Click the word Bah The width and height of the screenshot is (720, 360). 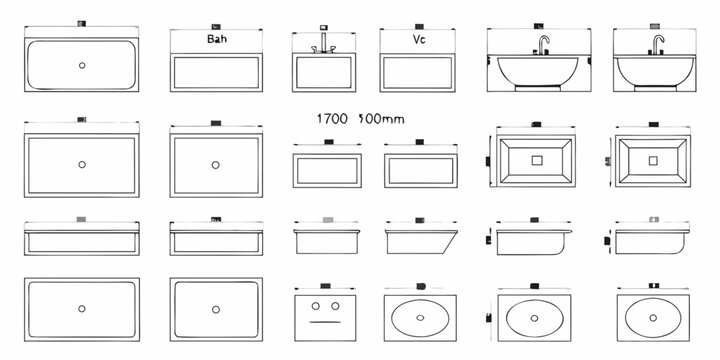tap(217, 40)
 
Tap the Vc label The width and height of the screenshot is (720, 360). tap(420, 40)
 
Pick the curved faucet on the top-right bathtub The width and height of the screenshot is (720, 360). tap(658, 43)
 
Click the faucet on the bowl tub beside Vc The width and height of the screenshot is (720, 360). tap(542, 43)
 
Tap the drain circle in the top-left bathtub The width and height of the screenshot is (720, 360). tap(81, 64)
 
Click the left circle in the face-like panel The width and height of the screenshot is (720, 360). tap(316, 305)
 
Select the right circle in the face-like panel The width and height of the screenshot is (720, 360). tap(337, 305)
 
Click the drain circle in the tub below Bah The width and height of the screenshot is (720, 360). tap(215, 163)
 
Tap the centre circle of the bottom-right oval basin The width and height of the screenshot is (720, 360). tap(651, 318)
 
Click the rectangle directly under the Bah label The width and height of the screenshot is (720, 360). tap(217, 73)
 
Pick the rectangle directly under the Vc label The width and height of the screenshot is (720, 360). tap(420, 73)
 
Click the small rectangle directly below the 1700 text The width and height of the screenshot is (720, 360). tap(327, 168)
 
